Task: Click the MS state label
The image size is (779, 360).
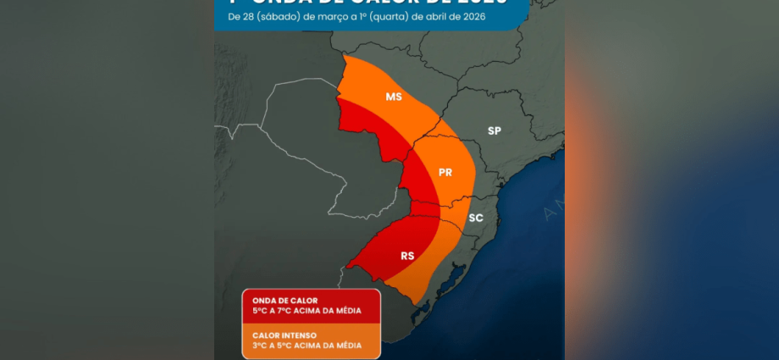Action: pyautogui.click(x=394, y=97)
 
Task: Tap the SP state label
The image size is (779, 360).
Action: pyautogui.click(x=494, y=130)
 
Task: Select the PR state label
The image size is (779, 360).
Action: pyautogui.click(x=445, y=173)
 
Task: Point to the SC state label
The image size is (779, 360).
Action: pyautogui.click(x=476, y=218)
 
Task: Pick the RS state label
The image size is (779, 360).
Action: pyautogui.click(x=407, y=255)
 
